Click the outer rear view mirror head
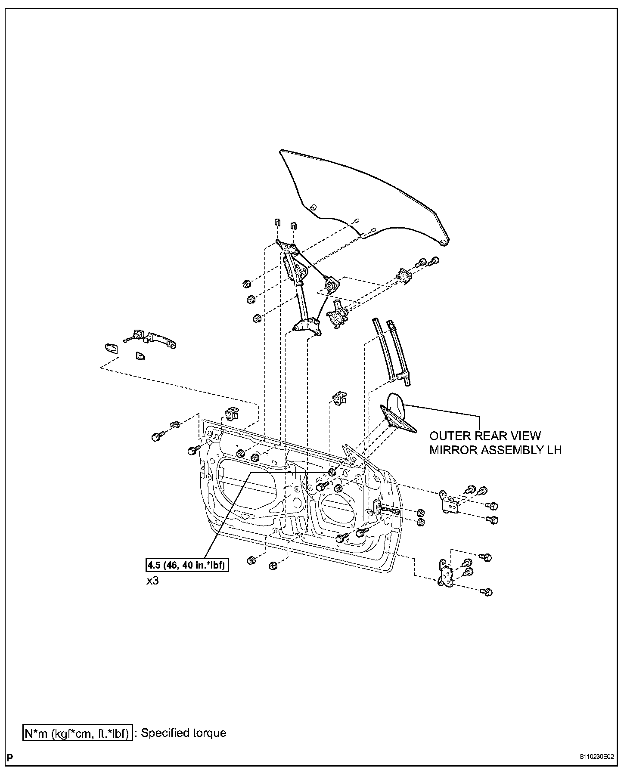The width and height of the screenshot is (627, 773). [x=396, y=405]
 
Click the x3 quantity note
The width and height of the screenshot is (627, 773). [x=152, y=581]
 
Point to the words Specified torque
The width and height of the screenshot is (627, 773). [x=183, y=733]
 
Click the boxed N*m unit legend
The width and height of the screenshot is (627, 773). [x=77, y=733]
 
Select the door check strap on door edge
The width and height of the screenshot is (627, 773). [x=387, y=510]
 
